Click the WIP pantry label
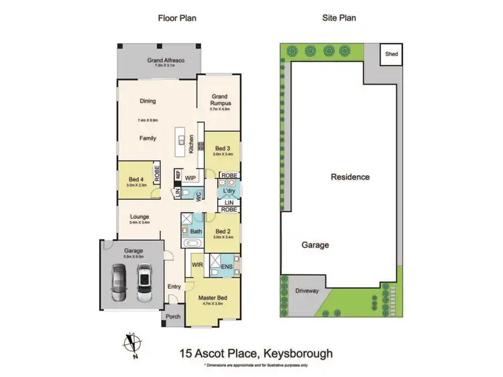(190, 178)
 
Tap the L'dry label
(229, 191)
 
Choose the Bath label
(196, 231)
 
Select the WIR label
(197, 265)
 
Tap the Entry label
(174, 286)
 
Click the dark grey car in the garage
(119, 282)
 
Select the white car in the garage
(145, 282)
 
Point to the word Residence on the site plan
(350, 177)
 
